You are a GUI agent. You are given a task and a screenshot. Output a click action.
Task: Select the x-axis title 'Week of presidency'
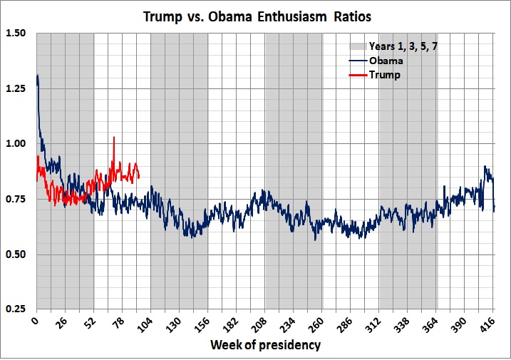tap(265, 346)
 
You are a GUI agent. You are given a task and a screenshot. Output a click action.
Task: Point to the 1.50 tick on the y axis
tap(16, 33)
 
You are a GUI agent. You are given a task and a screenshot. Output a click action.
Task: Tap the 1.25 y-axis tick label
tap(16, 88)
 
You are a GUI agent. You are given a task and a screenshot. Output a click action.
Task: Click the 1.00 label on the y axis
tap(16, 143)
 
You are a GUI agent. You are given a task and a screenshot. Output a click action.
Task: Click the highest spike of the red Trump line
tap(113, 138)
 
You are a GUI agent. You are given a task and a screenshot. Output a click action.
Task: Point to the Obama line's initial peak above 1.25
tap(37, 76)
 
